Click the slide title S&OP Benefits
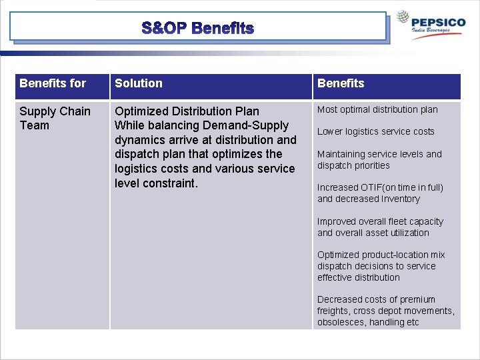(x=198, y=28)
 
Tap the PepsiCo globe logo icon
(x=404, y=18)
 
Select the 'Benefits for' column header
(x=53, y=83)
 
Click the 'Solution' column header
(x=139, y=83)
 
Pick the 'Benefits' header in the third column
(x=341, y=83)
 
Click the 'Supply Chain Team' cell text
(x=55, y=118)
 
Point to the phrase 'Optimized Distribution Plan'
(x=187, y=111)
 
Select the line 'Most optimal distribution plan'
(x=377, y=109)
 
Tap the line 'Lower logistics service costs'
(x=375, y=131)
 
